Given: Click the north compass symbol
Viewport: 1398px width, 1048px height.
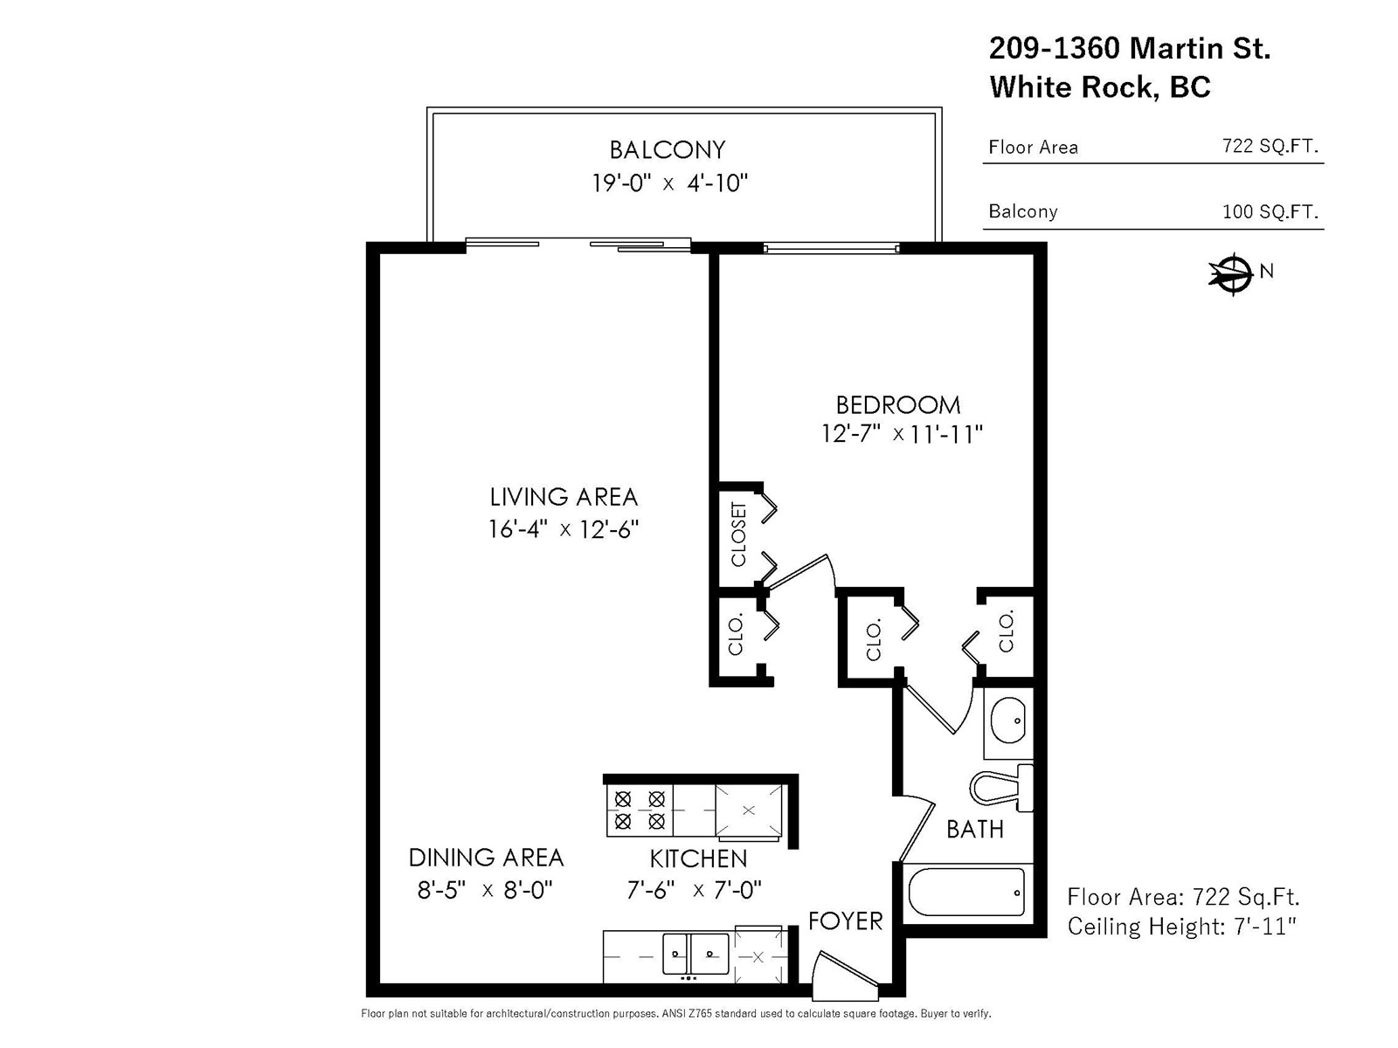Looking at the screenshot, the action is click(1235, 274).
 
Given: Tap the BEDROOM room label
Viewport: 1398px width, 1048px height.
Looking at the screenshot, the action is click(898, 405).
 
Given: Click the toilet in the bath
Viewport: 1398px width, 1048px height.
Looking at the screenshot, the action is click(1001, 789).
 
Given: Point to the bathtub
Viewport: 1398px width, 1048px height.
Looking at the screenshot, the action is click(967, 892).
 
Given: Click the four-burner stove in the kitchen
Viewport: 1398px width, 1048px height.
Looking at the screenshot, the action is click(640, 810).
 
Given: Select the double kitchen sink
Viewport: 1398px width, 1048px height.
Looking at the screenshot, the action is click(696, 953).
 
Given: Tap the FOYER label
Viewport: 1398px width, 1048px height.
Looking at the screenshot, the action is click(845, 920).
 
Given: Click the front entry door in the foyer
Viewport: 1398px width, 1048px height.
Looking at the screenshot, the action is click(846, 971).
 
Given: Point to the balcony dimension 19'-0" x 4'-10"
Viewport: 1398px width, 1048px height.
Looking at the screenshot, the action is click(669, 183).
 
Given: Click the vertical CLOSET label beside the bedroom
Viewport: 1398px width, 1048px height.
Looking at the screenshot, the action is click(738, 534).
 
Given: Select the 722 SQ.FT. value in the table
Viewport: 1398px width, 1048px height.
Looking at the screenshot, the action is click(1270, 147).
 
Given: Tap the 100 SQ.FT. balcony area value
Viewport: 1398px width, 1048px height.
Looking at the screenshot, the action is click(1270, 211).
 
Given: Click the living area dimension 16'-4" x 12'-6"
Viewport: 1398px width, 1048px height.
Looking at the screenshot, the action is click(563, 528).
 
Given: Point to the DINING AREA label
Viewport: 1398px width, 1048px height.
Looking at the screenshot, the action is click(486, 858).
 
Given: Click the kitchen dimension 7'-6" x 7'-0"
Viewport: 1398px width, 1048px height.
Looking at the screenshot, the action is click(694, 890).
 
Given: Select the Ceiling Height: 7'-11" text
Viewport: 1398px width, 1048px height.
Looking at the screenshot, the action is click(1182, 927).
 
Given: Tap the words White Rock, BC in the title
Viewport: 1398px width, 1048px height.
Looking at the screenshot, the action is click(1100, 86).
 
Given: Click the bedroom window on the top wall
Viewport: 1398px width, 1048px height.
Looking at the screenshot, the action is click(831, 248).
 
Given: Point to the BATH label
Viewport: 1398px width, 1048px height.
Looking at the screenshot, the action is click(974, 829).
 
